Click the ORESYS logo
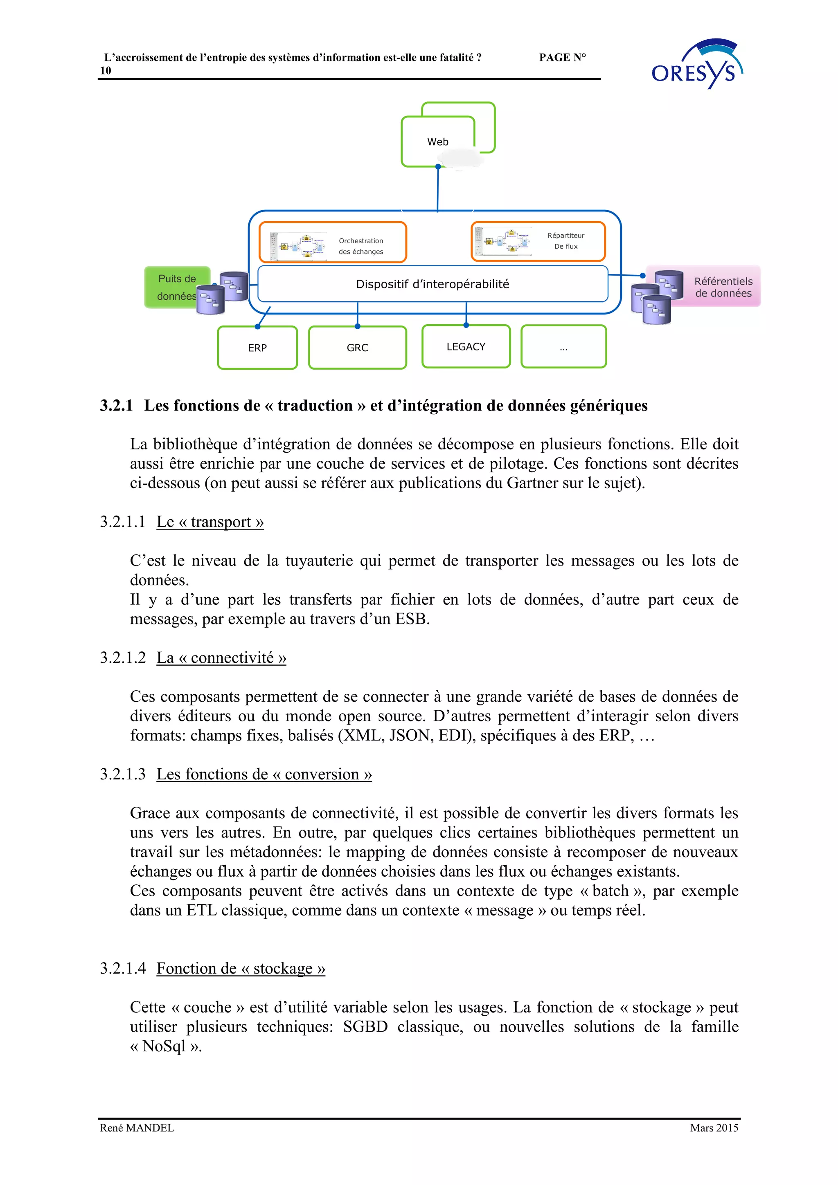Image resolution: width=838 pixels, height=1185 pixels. click(696, 65)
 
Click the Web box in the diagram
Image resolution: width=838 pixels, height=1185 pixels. click(437, 141)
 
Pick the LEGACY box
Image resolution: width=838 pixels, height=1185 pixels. click(466, 347)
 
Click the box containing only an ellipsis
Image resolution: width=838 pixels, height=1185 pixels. click(563, 347)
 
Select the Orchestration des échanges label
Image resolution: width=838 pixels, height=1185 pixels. click(361, 246)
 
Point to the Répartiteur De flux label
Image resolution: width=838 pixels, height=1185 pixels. click(566, 241)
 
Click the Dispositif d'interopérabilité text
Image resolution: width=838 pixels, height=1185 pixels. click(432, 284)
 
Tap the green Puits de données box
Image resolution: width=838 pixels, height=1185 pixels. click(176, 287)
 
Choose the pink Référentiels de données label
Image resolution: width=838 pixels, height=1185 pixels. click(723, 287)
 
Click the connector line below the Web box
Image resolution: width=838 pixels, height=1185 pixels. click(438, 189)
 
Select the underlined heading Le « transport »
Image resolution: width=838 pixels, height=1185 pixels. click(210, 522)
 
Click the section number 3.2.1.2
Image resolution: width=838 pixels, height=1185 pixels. click(123, 658)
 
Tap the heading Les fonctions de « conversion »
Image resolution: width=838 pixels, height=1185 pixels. click(264, 774)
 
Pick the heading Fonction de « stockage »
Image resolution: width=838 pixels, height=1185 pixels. click(241, 968)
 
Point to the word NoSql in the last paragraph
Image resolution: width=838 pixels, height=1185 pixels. click(164, 1046)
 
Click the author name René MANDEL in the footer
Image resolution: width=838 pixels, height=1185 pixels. click(137, 1128)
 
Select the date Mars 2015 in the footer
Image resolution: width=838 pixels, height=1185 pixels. click(714, 1128)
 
